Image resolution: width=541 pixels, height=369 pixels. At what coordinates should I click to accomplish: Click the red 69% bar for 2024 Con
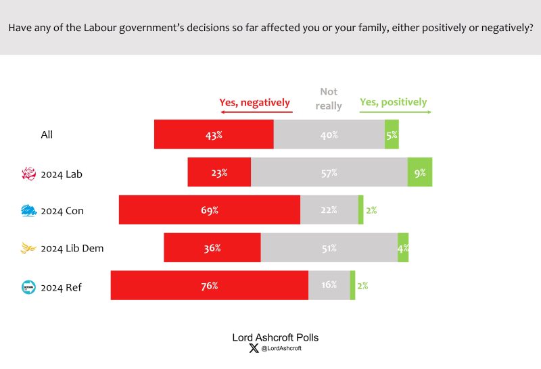pyautogui.click(x=210, y=210)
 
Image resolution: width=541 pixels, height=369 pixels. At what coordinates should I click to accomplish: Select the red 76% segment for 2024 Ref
pyautogui.click(x=210, y=285)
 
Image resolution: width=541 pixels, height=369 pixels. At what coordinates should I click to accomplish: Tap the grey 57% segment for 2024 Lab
pyautogui.click(x=329, y=172)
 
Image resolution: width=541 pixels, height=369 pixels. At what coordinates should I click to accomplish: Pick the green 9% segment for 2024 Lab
pyautogui.click(x=420, y=172)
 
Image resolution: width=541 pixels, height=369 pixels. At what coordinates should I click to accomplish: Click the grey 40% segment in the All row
pyautogui.click(x=329, y=134)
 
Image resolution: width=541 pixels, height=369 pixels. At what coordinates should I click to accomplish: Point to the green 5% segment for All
pyautogui.click(x=392, y=134)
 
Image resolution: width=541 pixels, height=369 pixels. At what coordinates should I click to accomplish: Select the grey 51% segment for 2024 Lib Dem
pyautogui.click(x=329, y=248)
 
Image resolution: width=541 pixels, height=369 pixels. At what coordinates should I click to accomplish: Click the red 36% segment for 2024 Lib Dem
pyautogui.click(x=212, y=248)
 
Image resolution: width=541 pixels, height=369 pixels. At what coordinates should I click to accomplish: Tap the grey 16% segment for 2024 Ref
pyautogui.click(x=329, y=285)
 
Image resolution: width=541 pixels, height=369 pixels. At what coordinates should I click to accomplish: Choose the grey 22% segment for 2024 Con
pyautogui.click(x=329, y=210)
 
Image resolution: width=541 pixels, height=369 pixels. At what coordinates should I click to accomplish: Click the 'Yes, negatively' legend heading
pyautogui.click(x=254, y=103)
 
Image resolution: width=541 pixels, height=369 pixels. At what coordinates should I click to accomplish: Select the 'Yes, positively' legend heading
pyautogui.click(x=394, y=102)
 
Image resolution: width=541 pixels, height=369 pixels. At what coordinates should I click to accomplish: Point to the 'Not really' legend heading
pyautogui.click(x=329, y=99)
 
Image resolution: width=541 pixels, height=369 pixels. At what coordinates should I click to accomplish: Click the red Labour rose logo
pyautogui.click(x=28, y=174)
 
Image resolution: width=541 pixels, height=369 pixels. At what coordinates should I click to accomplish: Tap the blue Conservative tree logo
pyautogui.click(x=28, y=211)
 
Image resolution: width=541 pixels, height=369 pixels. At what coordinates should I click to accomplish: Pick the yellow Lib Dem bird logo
pyautogui.click(x=28, y=249)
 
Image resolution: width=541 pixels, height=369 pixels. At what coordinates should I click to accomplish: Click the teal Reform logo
pyautogui.click(x=28, y=287)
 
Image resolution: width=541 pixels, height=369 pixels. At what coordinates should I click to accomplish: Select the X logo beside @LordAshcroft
pyautogui.click(x=254, y=349)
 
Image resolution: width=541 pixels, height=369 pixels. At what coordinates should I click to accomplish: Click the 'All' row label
pyautogui.click(x=47, y=134)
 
